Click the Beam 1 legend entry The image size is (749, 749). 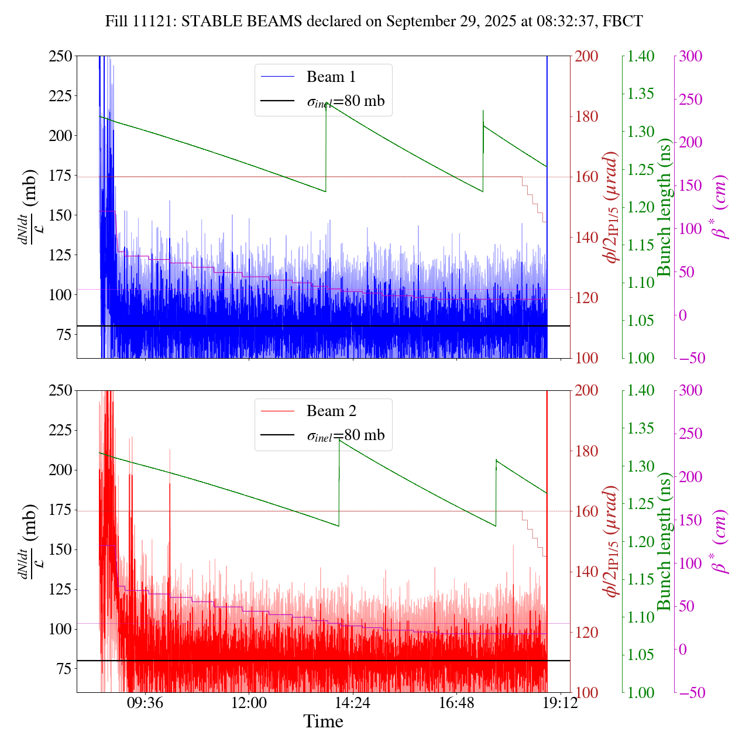331,77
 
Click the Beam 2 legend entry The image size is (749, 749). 331,411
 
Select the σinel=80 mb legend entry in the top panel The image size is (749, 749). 345,101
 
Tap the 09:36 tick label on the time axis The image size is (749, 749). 145,703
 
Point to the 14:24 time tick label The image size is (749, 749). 352,703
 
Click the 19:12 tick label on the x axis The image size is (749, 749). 560,703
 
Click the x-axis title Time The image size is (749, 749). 323,722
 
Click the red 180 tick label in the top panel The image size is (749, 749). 587,116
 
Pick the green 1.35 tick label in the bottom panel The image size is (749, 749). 642,429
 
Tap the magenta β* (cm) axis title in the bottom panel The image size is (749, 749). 719,541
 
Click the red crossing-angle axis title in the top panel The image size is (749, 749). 612,207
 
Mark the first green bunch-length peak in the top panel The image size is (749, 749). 326,104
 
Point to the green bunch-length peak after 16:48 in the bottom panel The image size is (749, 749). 496,460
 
